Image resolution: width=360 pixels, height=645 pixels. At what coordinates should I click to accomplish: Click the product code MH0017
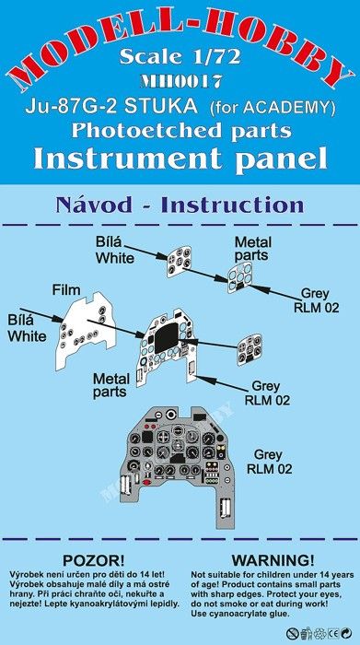180,82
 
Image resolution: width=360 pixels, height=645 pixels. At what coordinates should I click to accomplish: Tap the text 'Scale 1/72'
180,57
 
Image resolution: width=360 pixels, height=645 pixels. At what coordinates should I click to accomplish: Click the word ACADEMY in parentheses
291,108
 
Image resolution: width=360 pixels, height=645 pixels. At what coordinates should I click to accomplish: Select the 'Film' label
66,290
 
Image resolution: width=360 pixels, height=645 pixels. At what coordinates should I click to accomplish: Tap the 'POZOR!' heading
94,560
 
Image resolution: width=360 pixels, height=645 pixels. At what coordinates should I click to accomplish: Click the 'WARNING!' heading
273,560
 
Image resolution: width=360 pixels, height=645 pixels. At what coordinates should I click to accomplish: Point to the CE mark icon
334,633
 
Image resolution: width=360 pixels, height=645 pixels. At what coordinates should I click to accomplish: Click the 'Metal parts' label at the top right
252,249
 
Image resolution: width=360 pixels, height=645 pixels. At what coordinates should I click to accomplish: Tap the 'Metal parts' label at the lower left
110,386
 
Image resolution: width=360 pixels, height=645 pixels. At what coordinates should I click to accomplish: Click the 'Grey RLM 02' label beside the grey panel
268,462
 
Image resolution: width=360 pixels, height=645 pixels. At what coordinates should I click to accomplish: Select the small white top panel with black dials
180,262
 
